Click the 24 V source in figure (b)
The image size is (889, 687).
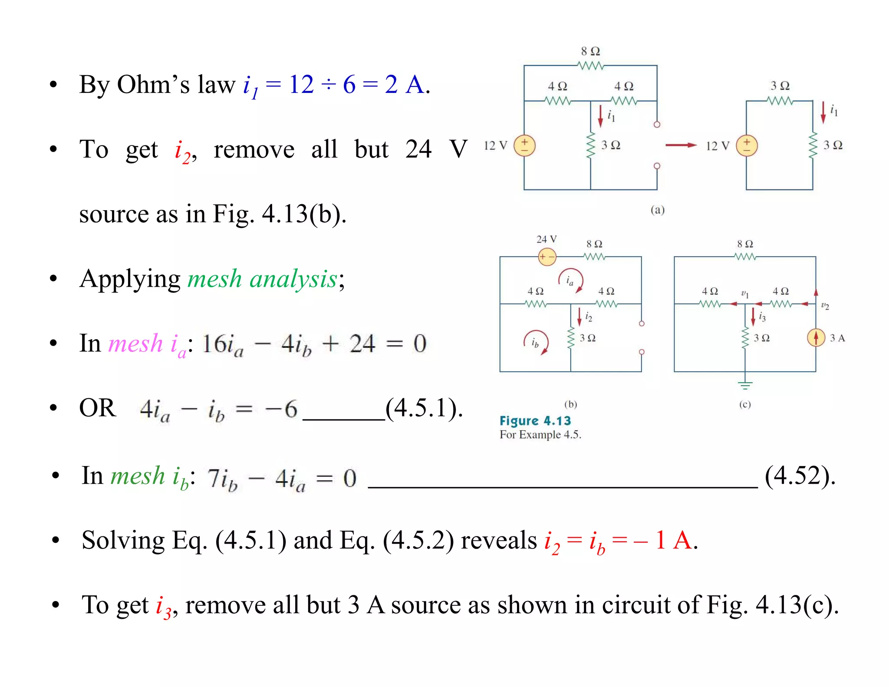547,257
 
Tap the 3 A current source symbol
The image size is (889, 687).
816,337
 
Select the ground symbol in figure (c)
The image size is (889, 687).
745,384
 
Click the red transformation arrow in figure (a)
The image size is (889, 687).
681,145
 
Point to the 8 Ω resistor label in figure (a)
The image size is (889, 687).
590,51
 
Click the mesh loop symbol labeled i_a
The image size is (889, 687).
570,281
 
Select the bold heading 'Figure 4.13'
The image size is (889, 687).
535,420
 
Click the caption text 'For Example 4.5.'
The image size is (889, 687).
540,435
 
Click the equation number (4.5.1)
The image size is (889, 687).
424,408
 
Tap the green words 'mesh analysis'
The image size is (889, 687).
262,279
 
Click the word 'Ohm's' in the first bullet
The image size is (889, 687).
153,84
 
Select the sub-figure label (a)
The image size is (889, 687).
657,210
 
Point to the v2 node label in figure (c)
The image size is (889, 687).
825,306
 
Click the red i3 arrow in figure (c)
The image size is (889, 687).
753,317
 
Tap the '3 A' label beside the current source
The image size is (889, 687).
837,338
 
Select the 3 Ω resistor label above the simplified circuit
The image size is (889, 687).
780,86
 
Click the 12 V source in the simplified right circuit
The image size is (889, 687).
747,145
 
